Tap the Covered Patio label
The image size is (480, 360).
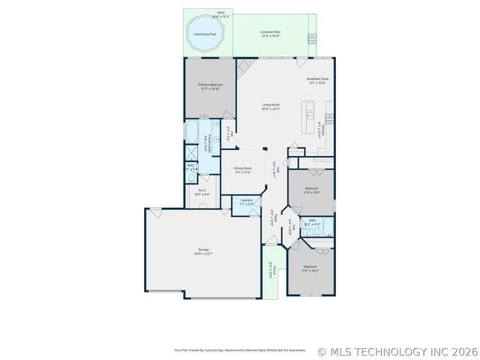(x=270, y=33)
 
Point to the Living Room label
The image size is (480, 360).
(x=271, y=106)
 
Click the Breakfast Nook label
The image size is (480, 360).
(x=317, y=80)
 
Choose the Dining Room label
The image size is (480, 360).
(x=242, y=169)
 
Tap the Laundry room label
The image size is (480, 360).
(x=246, y=202)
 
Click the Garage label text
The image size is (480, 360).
(x=203, y=251)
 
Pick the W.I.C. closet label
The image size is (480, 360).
(x=202, y=192)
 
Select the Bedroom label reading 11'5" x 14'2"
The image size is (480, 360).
(x=310, y=268)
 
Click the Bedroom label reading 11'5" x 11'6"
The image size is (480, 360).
(x=311, y=190)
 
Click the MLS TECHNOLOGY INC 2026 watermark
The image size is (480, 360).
(x=397, y=351)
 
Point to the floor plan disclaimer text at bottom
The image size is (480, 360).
(x=239, y=349)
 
